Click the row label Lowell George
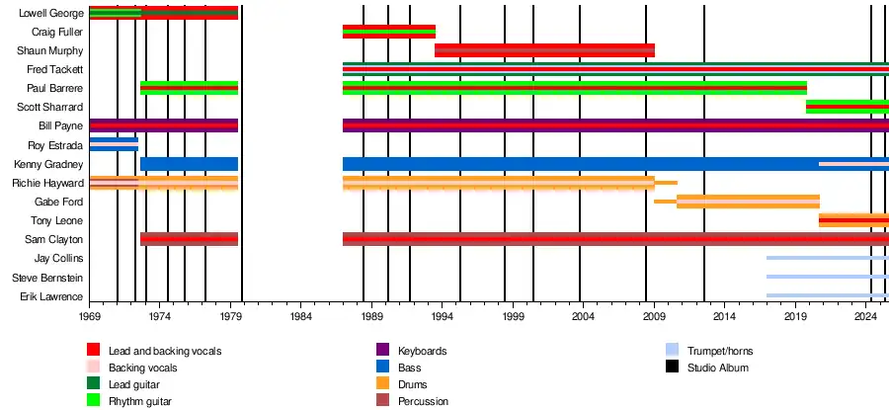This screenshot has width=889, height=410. [x=51, y=14]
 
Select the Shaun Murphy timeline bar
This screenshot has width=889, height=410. [x=544, y=50]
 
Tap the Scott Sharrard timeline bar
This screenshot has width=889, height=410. [x=847, y=107]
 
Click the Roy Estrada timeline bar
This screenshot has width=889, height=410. [x=114, y=144]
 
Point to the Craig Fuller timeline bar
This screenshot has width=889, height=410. [x=388, y=32]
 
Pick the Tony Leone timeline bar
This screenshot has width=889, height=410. [x=853, y=220]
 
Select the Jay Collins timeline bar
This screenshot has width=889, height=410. [x=827, y=258]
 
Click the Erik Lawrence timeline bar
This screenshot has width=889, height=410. [x=827, y=295]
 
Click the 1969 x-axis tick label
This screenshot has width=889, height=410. [x=89, y=317]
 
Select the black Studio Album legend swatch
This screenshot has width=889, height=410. [x=672, y=368]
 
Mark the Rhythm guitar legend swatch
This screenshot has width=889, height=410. [x=93, y=401]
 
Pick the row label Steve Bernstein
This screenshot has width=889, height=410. [x=47, y=278]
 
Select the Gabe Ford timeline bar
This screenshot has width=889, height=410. [x=748, y=202]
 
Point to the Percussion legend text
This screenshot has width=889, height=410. [x=423, y=401]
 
